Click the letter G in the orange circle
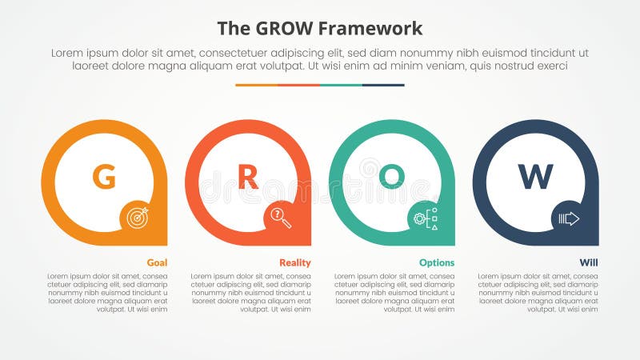click(104, 176)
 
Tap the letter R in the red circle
click(248, 176)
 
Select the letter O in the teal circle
click(392, 176)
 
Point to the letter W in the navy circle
click(535, 176)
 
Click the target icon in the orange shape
click(137, 217)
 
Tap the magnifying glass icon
click(281, 217)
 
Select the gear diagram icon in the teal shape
click(425, 217)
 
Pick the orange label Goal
click(157, 262)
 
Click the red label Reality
click(295, 262)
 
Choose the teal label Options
click(437, 262)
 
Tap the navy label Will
click(589, 262)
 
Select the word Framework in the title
click(371, 30)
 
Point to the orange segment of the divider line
click(256, 85)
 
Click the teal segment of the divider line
click(341, 85)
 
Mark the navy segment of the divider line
click(383, 85)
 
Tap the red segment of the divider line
click(298, 85)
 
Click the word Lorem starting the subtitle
click(69, 53)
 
